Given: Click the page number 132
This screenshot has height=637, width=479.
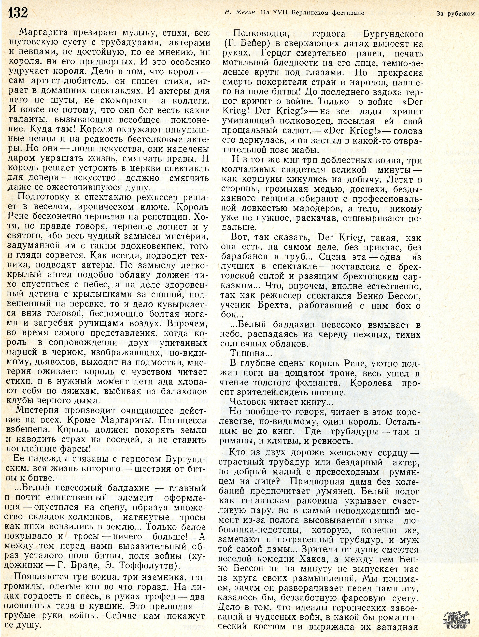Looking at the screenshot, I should pos(18,13).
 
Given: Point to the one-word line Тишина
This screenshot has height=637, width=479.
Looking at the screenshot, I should pos(249,353).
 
